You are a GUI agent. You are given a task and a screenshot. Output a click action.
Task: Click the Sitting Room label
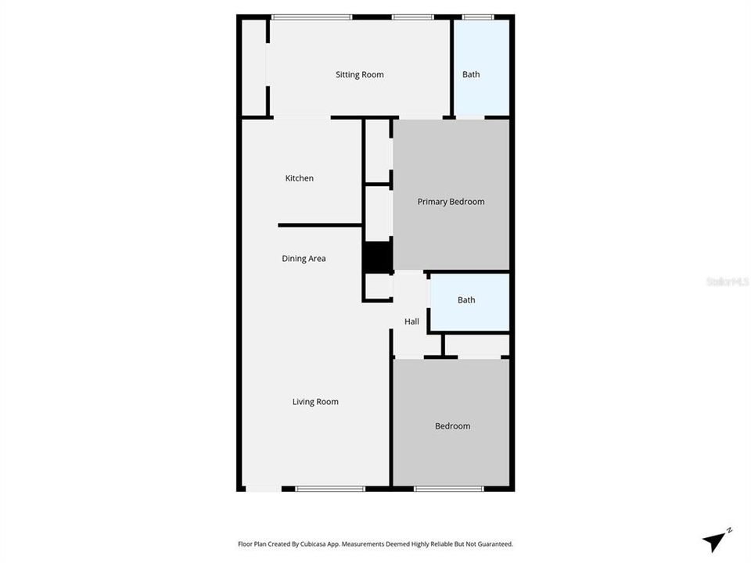[x=360, y=75]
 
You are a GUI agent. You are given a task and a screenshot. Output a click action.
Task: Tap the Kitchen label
[x=299, y=178]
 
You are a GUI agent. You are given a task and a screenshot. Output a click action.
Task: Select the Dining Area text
[x=304, y=259]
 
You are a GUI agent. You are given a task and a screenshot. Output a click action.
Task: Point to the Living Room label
[x=315, y=402]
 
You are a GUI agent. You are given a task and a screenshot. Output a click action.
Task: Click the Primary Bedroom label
[x=451, y=202]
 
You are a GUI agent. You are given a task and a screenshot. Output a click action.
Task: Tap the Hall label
[x=411, y=321]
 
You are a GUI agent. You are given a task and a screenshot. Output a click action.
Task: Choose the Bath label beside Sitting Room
[x=471, y=75]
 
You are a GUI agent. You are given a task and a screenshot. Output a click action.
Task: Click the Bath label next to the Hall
[x=466, y=300]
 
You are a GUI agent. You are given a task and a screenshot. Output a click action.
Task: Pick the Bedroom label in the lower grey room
[x=452, y=426]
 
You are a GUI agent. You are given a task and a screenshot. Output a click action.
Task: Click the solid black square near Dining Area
[x=377, y=257]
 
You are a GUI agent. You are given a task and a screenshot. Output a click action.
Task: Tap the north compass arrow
[x=715, y=540]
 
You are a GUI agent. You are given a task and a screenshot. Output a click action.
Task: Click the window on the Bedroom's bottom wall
[x=448, y=489]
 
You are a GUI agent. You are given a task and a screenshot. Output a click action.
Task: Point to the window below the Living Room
[x=329, y=489]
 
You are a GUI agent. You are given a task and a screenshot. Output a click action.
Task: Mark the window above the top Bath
[x=478, y=16]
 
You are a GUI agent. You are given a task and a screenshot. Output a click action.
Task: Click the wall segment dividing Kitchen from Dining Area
[x=319, y=225]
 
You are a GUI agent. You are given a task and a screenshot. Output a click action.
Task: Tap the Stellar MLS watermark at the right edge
[x=728, y=281]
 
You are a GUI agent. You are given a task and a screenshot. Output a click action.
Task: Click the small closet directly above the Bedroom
[x=477, y=345]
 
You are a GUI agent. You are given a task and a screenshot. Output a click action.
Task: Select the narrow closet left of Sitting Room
[x=253, y=68]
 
